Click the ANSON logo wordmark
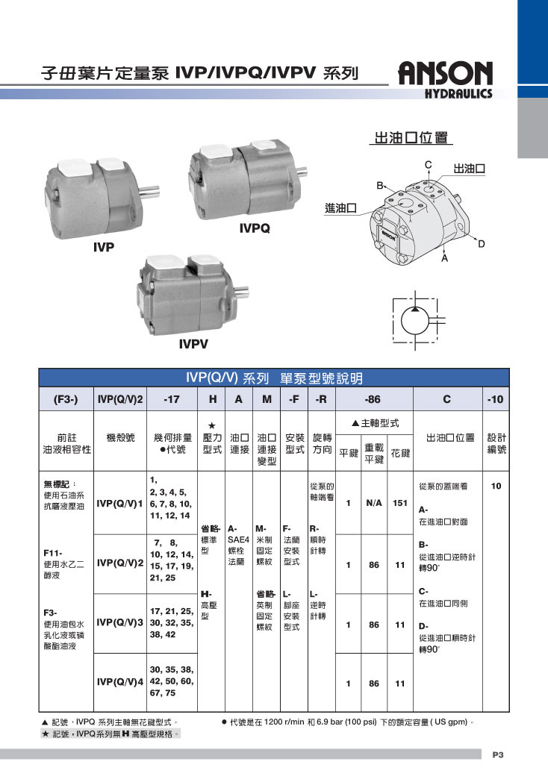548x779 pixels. click(446, 74)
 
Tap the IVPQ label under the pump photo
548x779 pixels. click(255, 228)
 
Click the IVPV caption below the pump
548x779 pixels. click(193, 344)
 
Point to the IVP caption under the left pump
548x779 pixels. click(104, 247)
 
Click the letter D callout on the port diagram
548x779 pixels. click(481, 244)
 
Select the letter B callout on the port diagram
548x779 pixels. click(379, 186)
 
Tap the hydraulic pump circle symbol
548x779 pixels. click(414, 321)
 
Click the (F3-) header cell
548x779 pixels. click(66, 399)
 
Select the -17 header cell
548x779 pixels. click(172, 399)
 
